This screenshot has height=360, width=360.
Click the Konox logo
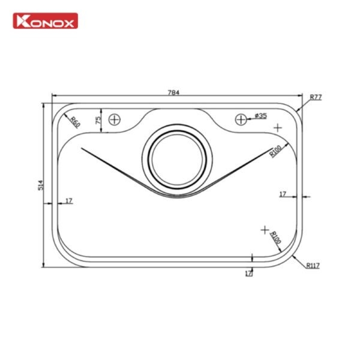pyautogui.click(x=45, y=21)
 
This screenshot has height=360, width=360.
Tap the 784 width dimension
pyautogui.click(x=173, y=92)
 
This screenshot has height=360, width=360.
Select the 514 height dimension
pyautogui.click(x=41, y=185)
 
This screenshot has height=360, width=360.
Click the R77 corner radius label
pyautogui.click(x=316, y=97)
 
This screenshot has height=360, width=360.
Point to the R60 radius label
pyautogui.click(x=75, y=122)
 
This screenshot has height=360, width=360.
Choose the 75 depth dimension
pyautogui.click(x=98, y=120)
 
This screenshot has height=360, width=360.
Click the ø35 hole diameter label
pyautogui.click(x=260, y=116)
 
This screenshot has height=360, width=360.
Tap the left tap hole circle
pyautogui.click(x=115, y=119)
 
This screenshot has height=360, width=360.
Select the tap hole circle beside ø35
pyautogui.click(x=241, y=119)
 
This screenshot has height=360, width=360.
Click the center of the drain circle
pyautogui.click(x=177, y=160)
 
